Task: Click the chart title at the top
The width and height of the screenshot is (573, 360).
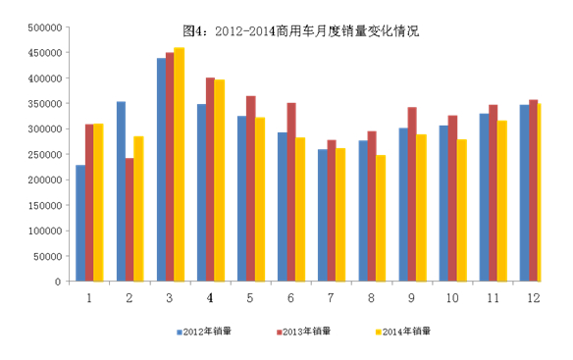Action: point(301,31)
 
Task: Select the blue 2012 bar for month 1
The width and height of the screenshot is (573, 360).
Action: point(80,223)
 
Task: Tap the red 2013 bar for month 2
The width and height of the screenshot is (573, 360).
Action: point(130,220)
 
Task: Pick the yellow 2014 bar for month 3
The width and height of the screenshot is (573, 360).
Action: point(179,165)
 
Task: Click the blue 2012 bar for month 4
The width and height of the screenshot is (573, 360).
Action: point(202,192)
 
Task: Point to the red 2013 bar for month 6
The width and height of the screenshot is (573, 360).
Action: point(291,192)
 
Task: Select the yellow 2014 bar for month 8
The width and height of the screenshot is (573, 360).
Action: point(381,218)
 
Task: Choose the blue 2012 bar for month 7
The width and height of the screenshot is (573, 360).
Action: point(323,215)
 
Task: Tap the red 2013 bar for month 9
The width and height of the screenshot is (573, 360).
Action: point(412,194)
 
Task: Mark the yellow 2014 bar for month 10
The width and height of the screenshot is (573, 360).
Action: point(462,211)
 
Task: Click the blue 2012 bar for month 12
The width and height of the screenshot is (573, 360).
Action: point(524,193)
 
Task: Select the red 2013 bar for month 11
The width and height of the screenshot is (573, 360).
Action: point(493,193)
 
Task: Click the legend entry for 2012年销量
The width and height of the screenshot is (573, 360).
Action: point(204,332)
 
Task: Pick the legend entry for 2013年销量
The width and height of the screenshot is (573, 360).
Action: point(304,332)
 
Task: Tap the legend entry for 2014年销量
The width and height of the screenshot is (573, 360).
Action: point(403,332)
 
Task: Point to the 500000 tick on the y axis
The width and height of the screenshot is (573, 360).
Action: point(45,27)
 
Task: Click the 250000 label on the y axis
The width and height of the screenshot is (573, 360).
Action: point(45,155)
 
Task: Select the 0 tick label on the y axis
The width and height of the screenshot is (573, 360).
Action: point(58,282)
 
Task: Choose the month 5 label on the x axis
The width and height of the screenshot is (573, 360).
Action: point(250,298)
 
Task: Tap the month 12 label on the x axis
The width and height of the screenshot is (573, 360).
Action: point(533,298)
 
